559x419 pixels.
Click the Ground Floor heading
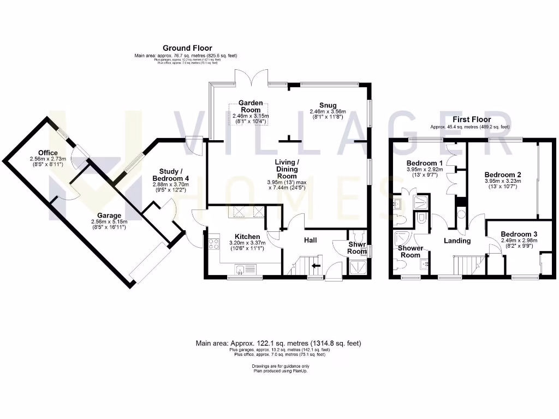pos(187,49)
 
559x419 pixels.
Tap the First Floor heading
pos(472,119)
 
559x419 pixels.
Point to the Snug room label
pos(328,105)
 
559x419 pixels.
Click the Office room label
pos(48,152)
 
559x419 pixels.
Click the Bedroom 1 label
pos(424,163)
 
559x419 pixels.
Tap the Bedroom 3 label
pos(519,234)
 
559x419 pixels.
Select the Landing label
pos(457,241)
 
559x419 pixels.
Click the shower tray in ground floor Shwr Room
pos(359,267)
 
